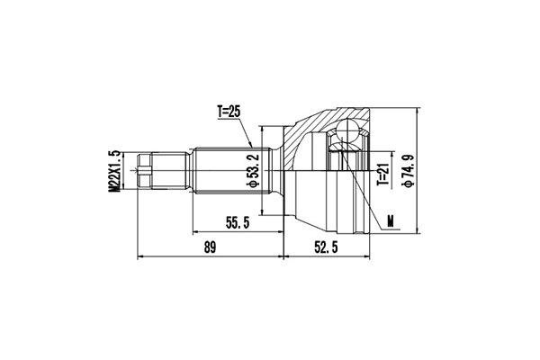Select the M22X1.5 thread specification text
115,170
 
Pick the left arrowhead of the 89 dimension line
140,256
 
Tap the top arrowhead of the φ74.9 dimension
420,110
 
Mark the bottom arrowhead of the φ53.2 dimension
263,214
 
